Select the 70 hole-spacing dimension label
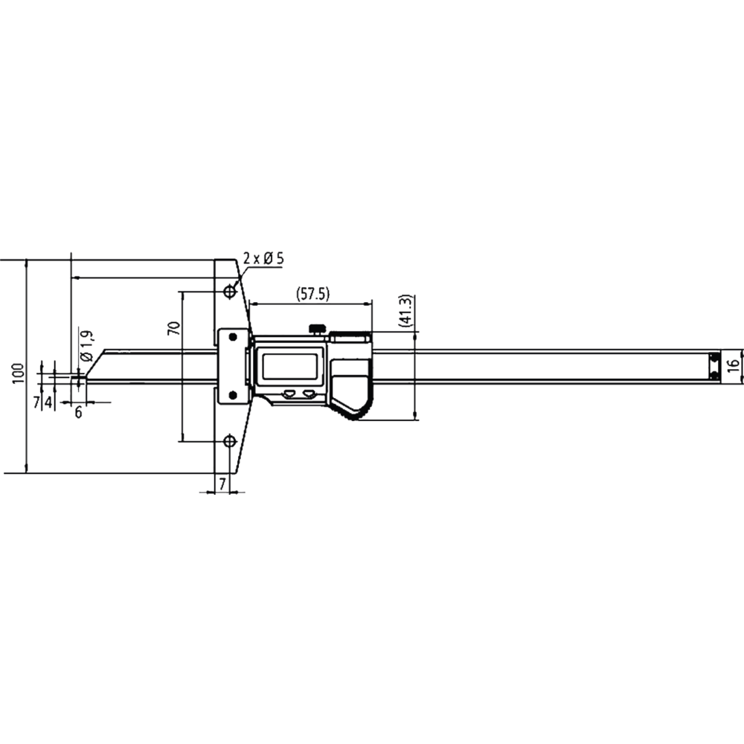[173, 328]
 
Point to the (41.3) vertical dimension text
[405, 311]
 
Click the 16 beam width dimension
[733, 365]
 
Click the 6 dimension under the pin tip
[78, 413]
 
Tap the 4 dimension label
[48, 402]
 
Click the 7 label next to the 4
[36, 402]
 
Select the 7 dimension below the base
[222, 484]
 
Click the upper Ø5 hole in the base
[231, 290]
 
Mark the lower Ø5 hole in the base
[231, 441]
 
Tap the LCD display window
[288, 366]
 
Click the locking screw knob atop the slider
[318, 327]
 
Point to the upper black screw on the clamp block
[233, 338]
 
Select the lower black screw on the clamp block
[233, 394]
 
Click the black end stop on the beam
[714, 366]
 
